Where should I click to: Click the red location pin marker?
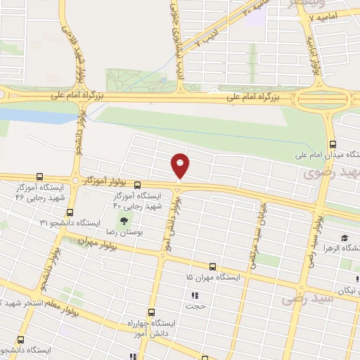[181, 166]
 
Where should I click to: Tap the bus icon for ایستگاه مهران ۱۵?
[213, 266]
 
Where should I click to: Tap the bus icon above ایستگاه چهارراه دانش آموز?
[150, 312]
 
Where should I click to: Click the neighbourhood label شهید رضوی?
[330, 173]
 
